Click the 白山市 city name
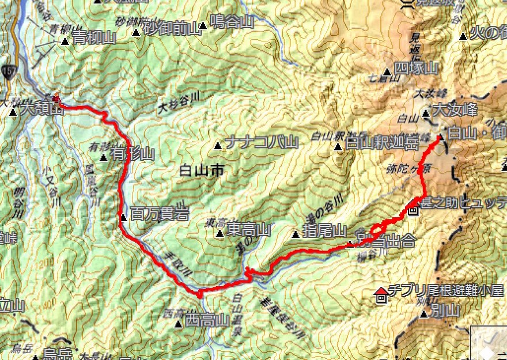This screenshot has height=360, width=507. pos(200,170)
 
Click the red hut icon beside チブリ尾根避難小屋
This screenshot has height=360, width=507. pos(380,296)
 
